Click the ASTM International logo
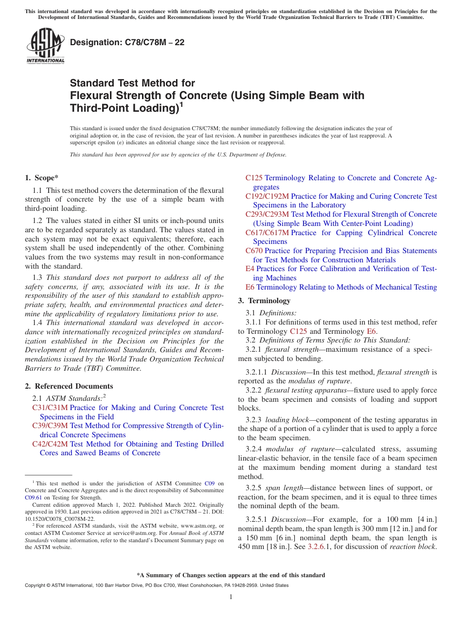(x=45, y=46)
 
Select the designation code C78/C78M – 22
(x=127, y=42)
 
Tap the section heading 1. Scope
(x=41, y=178)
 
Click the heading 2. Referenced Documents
(x=69, y=386)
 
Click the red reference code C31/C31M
(x=50, y=408)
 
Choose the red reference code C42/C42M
(x=50, y=444)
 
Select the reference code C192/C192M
(x=267, y=196)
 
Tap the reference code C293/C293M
(x=267, y=214)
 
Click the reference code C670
(x=254, y=251)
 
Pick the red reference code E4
(x=250, y=269)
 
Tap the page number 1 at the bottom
(x=231, y=597)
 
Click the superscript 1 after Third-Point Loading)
(x=181, y=104)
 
